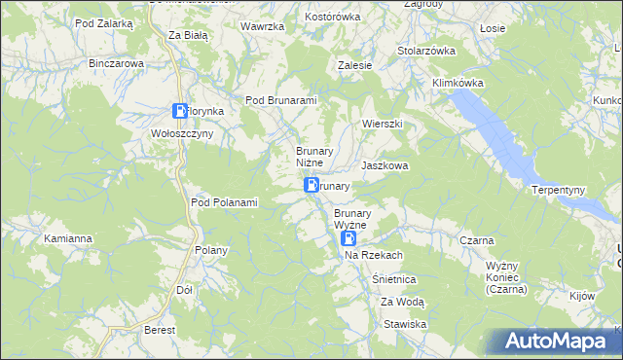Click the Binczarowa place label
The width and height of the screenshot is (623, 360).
(116, 63)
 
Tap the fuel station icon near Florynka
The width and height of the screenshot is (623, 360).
(180, 112)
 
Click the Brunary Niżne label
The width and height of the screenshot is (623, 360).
(315, 157)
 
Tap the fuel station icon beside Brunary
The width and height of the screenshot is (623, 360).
(311, 185)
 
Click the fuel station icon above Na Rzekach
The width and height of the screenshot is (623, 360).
(348, 237)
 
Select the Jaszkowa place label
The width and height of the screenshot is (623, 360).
(385, 166)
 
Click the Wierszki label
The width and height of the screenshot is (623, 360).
(382, 125)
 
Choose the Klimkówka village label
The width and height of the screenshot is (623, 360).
(458, 84)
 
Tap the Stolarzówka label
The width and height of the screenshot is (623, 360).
(426, 50)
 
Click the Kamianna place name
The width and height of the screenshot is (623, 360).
(68, 237)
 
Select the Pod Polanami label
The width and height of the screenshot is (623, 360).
(224, 202)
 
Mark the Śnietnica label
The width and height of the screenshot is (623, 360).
(394, 278)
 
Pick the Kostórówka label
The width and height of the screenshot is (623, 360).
(333, 17)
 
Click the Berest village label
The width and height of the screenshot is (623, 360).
(159, 331)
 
